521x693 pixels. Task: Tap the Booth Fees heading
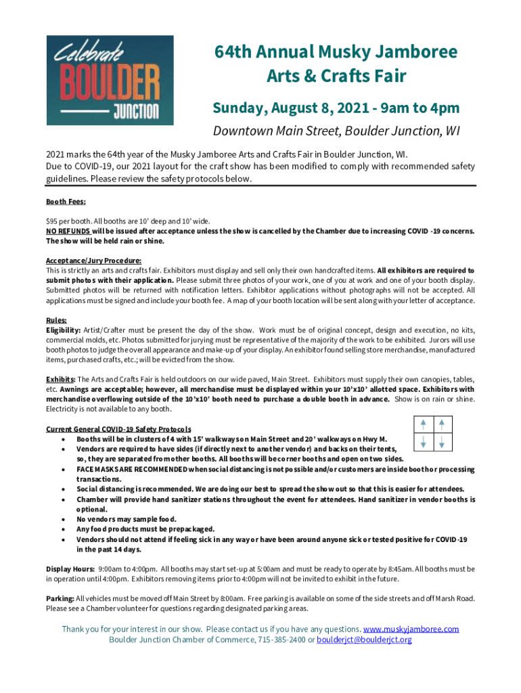tap(66, 202)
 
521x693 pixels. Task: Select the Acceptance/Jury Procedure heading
tap(93, 261)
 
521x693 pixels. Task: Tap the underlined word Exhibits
tap(61, 379)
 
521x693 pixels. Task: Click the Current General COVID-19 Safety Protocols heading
tap(118, 429)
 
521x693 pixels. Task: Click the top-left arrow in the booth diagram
tap(423, 424)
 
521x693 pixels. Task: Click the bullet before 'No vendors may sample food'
tap(63, 519)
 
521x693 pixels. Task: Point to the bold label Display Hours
tap(70, 569)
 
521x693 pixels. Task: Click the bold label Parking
tap(60, 598)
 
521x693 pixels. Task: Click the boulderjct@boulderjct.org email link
tap(364, 640)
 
